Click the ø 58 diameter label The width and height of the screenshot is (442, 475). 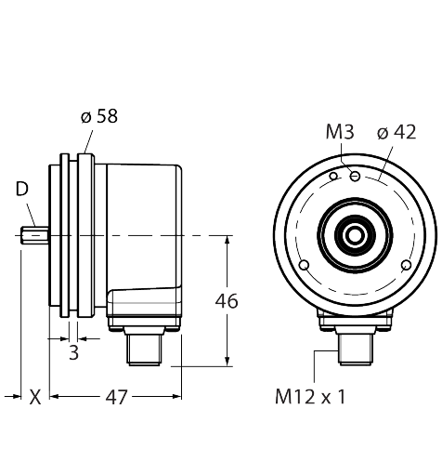coord(99,116)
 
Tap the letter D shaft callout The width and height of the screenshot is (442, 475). coord(22,189)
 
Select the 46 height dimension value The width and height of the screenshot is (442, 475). coord(227,301)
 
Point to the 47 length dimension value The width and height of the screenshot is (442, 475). coord(116,397)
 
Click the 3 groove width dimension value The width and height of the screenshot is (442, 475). coord(73,352)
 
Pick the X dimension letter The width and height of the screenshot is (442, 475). coord(35,397)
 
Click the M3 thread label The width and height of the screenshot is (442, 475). coord(340,132)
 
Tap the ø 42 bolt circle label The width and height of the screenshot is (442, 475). coord(396,133)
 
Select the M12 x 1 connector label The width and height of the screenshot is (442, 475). coord(310,397)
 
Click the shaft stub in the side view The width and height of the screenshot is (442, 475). coord(34,235)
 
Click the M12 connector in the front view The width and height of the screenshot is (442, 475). coord(356,349)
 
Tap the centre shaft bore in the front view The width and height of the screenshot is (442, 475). coord(355,235)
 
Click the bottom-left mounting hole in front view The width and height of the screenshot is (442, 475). coord(305,265)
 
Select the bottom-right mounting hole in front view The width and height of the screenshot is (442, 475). coord(406,265)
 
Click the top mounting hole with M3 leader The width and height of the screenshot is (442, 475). coord(355,177)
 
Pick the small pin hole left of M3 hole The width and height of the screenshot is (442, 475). coord(333,177)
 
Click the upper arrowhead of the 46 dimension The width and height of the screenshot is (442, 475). coord(227,240)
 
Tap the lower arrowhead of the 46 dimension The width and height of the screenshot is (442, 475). coord(227,362)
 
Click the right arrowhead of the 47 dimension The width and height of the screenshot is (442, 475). coord(177,396)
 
